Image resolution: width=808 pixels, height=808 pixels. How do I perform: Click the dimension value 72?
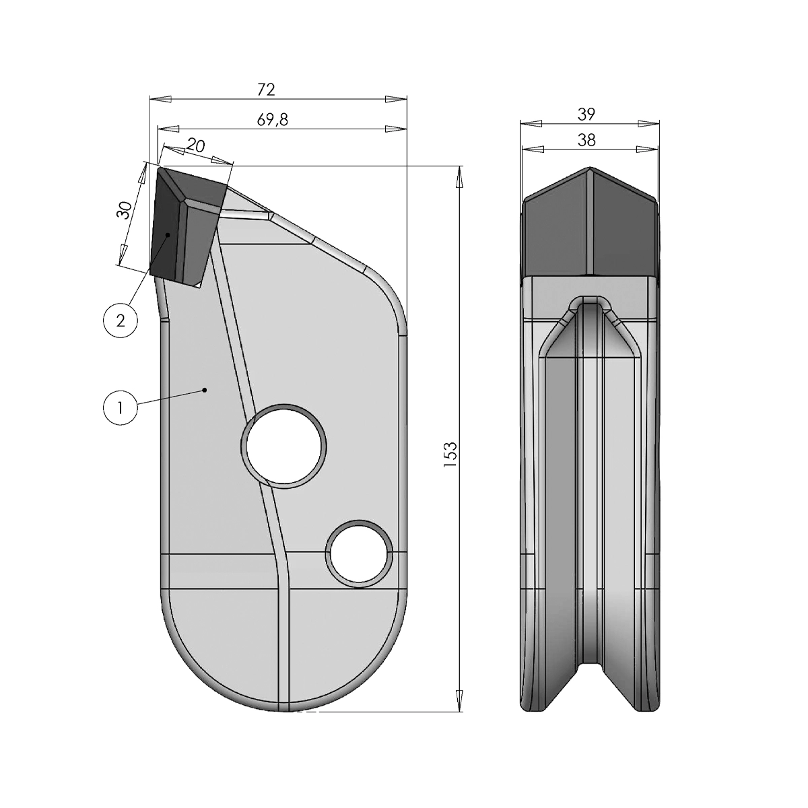tap(267, 89)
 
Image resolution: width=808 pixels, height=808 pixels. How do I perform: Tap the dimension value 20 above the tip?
tap(195, 145)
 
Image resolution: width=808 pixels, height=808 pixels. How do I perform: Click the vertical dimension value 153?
tap(451, 454)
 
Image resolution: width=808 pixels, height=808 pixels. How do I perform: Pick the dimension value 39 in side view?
tap(586, 114)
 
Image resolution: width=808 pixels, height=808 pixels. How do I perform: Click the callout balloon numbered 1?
tap(119, 408)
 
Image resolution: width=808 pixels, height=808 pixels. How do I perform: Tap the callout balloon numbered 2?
tap(121, 321)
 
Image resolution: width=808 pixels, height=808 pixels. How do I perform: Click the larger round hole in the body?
tap(283, 446)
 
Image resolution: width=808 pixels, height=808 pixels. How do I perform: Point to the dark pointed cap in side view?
tap(590, 222)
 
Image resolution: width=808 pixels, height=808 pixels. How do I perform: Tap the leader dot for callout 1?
tap(205, 389)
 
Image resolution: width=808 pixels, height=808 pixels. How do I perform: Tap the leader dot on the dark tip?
tap(168, 234)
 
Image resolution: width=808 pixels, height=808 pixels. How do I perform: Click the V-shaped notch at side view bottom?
tap(591, 680)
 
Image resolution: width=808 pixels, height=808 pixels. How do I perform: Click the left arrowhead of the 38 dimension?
tap(532, 149)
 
